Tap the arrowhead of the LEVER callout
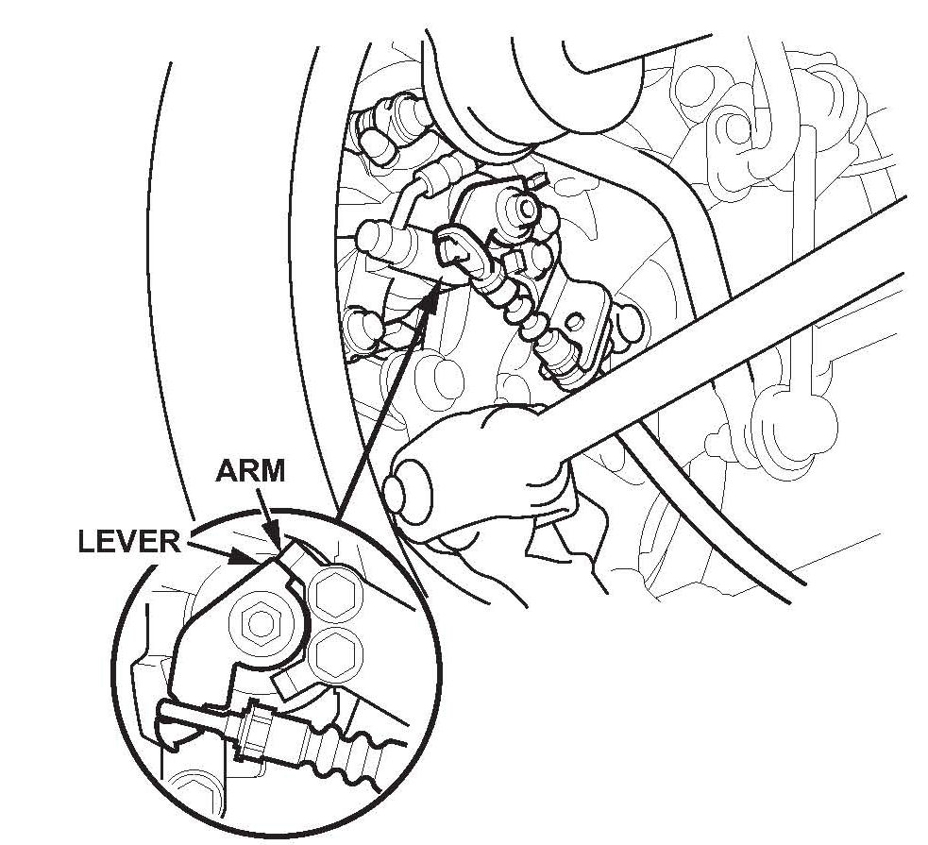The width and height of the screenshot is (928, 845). (252, 560)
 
